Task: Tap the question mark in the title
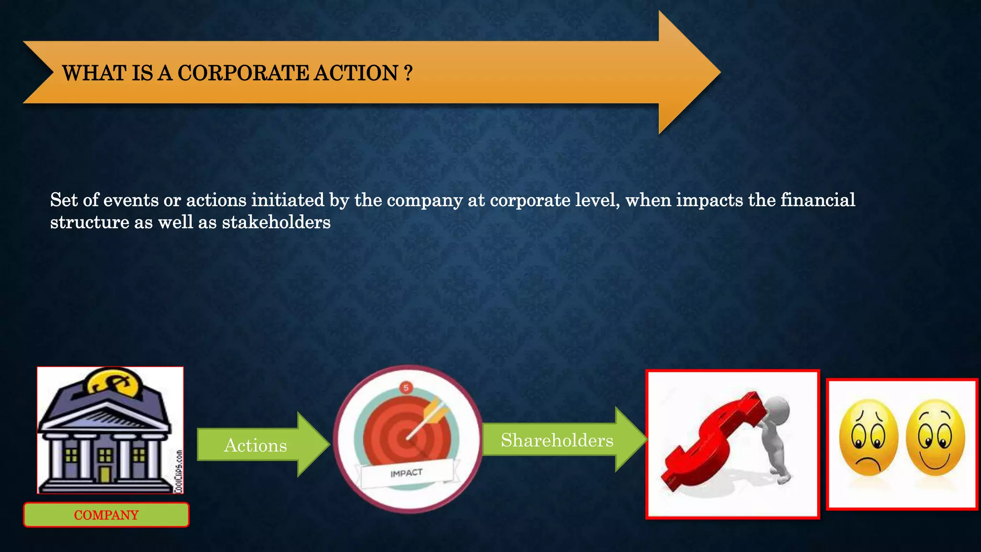[408, 73]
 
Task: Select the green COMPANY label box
[106, 515]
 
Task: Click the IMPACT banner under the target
[407, 473]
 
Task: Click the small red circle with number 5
[406, 388]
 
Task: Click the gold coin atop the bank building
[114, 384]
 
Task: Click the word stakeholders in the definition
[276, 222]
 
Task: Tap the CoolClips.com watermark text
[179, 471]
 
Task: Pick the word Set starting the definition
[64, 200]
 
